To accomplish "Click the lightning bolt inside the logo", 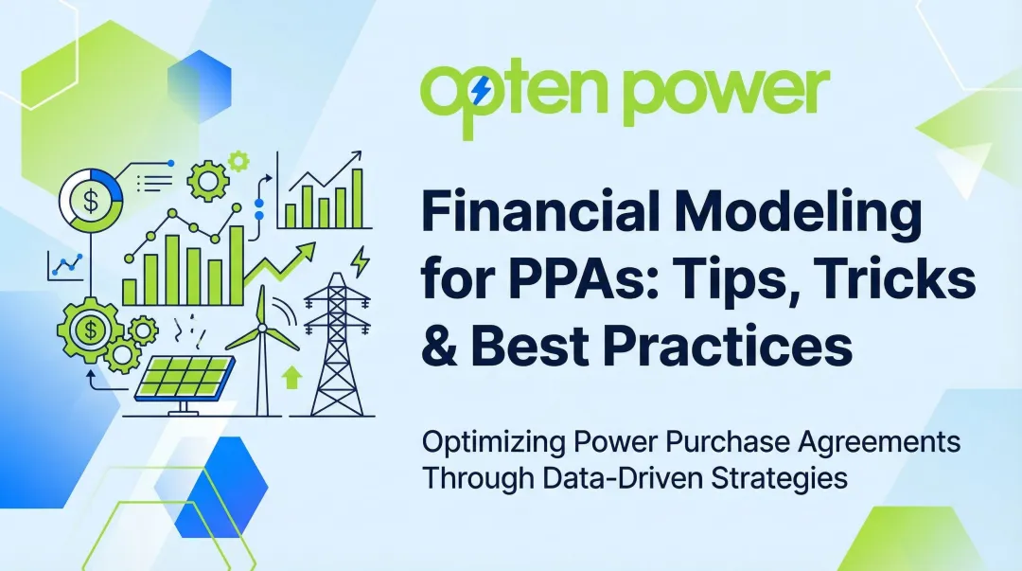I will (482, 91).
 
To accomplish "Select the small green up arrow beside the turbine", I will (292, 377).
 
